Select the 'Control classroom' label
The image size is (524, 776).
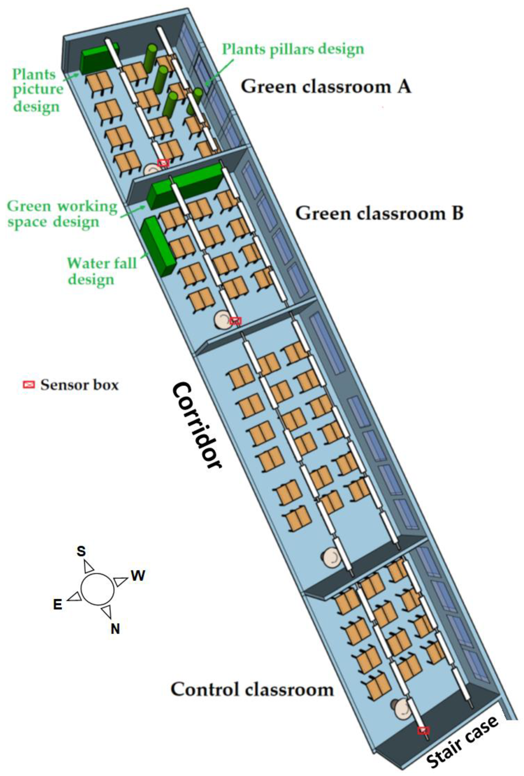pos(252,689)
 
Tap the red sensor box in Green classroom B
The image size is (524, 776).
pos(235,321)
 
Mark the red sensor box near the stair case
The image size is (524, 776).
pos(423,730)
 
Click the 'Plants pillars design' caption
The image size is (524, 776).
pos(293,49)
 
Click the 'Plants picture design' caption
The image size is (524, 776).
pos(37,90)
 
